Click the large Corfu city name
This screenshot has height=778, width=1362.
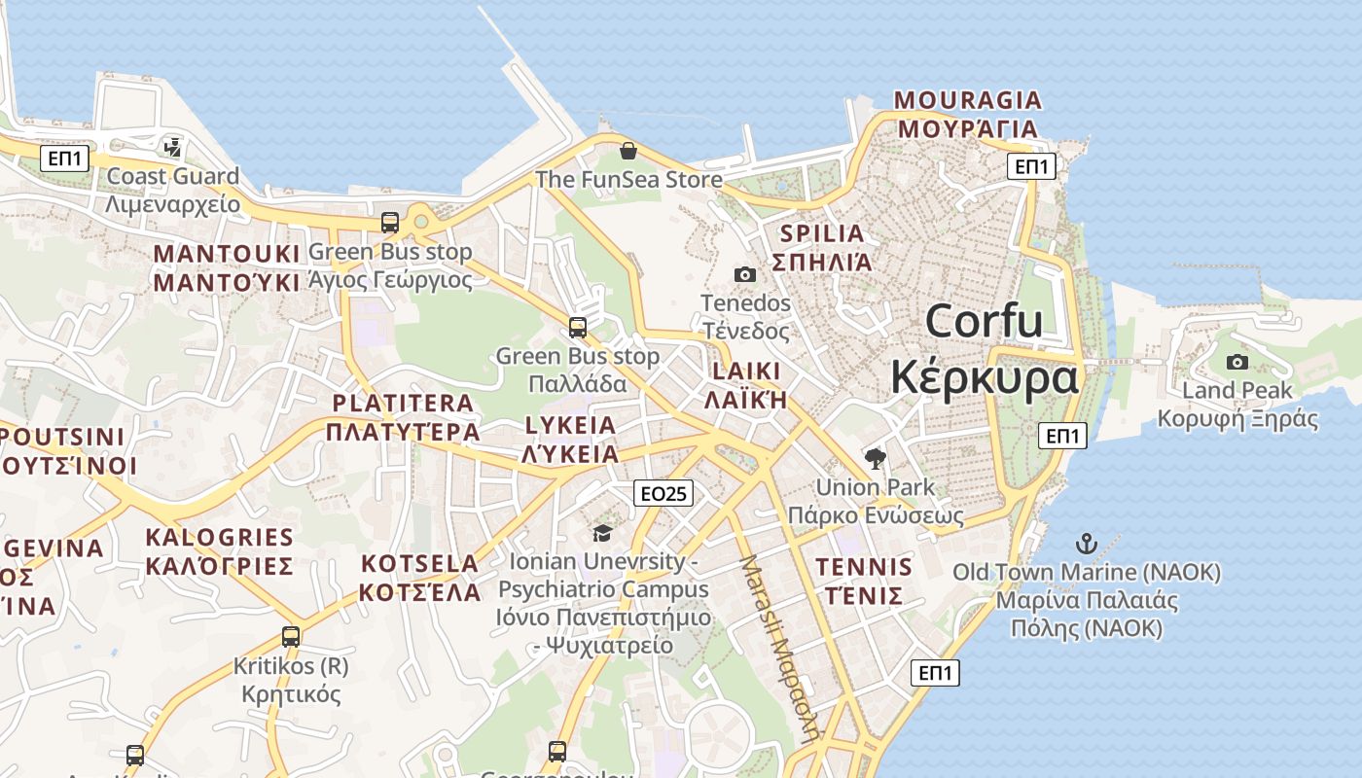click(984, 321)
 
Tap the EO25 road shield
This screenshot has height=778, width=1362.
click(663, 493)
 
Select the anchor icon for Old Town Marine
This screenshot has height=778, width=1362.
click(1086, 545)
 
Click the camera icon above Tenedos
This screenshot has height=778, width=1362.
click(745, 275)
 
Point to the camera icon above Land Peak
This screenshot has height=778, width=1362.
click(1237, 363)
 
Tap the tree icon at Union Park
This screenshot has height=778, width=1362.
click(875, 458)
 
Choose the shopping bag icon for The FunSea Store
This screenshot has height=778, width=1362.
click(628, 151)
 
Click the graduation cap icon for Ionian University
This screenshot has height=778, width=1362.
click(602, 533)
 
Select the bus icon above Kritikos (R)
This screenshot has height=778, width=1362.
click(291, 637)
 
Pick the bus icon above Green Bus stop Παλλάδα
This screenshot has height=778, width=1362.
click(578, 327)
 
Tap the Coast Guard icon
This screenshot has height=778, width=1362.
click(173, 148)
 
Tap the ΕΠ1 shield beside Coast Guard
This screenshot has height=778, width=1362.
click(65, 159)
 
